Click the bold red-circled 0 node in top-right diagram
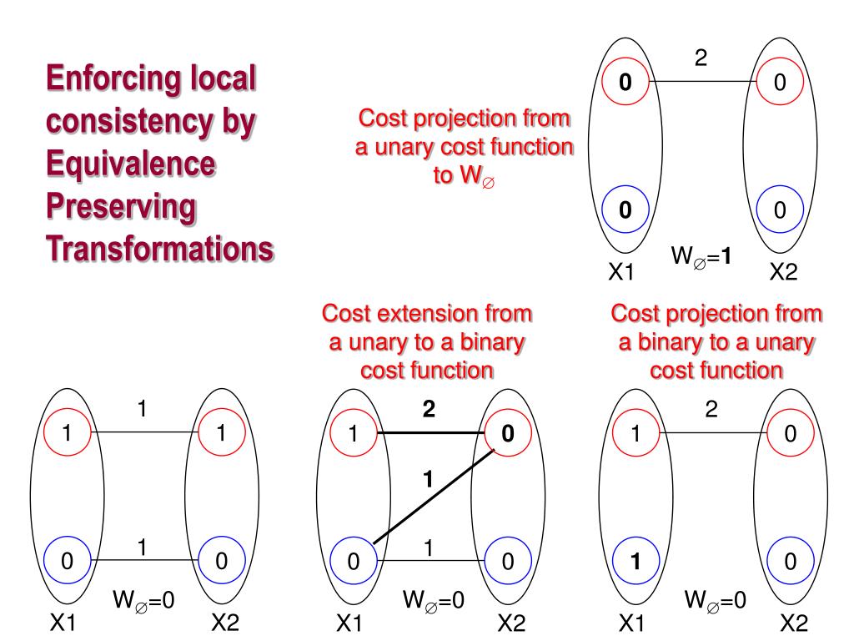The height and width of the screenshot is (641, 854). coord(625,83)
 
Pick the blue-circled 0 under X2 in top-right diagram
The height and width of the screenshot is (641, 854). coord(780,210)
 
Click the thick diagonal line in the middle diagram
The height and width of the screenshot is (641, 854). coord(434,497)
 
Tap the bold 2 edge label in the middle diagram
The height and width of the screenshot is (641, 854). coord(429,411)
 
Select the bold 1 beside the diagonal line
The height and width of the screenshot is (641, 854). coord(429,478)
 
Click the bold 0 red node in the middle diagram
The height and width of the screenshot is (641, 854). coord(506,434)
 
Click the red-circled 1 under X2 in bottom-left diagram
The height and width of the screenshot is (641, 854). coord(221,433)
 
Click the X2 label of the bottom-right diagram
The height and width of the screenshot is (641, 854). coord(794,623)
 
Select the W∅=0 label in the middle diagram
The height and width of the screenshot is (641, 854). coord(433,599)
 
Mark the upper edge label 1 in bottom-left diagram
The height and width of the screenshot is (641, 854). coord(143,411)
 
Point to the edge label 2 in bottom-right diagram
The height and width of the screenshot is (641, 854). coord(711,411)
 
